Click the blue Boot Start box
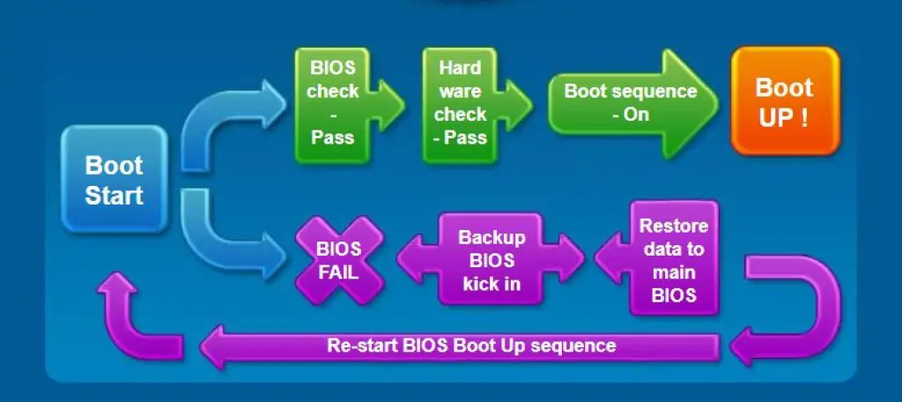114,179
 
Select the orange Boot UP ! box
784,102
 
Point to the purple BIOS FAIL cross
339,261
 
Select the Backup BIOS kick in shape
490,261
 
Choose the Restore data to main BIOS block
672,261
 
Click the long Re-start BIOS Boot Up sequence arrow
467,345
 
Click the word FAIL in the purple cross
338,272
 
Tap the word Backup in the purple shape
490,238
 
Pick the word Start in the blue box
114,195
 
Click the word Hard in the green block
460,68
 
